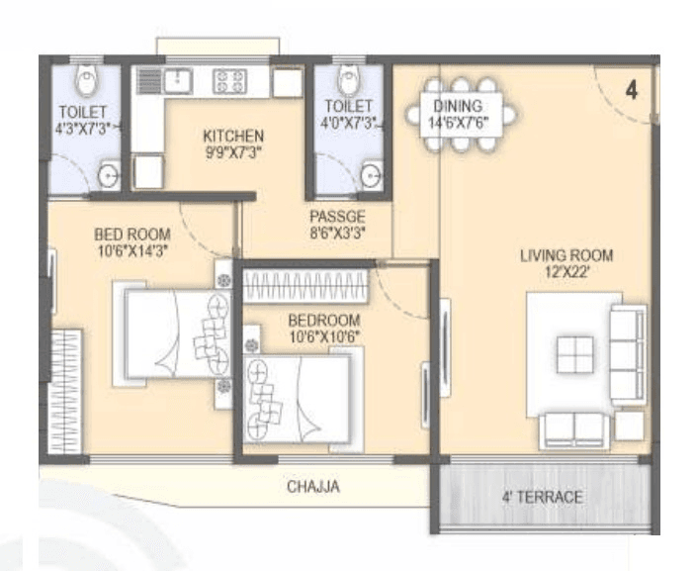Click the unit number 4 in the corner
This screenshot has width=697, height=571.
tap(632, 90)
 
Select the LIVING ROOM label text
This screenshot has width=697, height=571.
tap(566, 255)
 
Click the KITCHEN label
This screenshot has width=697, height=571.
tap(233, 136)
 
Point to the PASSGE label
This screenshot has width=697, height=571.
tap(336, 217)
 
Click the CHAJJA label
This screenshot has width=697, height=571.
tap(313, 487)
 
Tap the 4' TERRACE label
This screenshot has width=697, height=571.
tap(543, 497)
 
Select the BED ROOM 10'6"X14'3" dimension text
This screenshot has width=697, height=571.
tap(132, 250)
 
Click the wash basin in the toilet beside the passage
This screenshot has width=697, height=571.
tap(370, 176)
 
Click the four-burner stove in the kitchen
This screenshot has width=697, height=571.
tap(230, 80)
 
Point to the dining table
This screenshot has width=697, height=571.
tap(461, 115)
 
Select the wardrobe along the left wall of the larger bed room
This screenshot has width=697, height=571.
tap(63, 392)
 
